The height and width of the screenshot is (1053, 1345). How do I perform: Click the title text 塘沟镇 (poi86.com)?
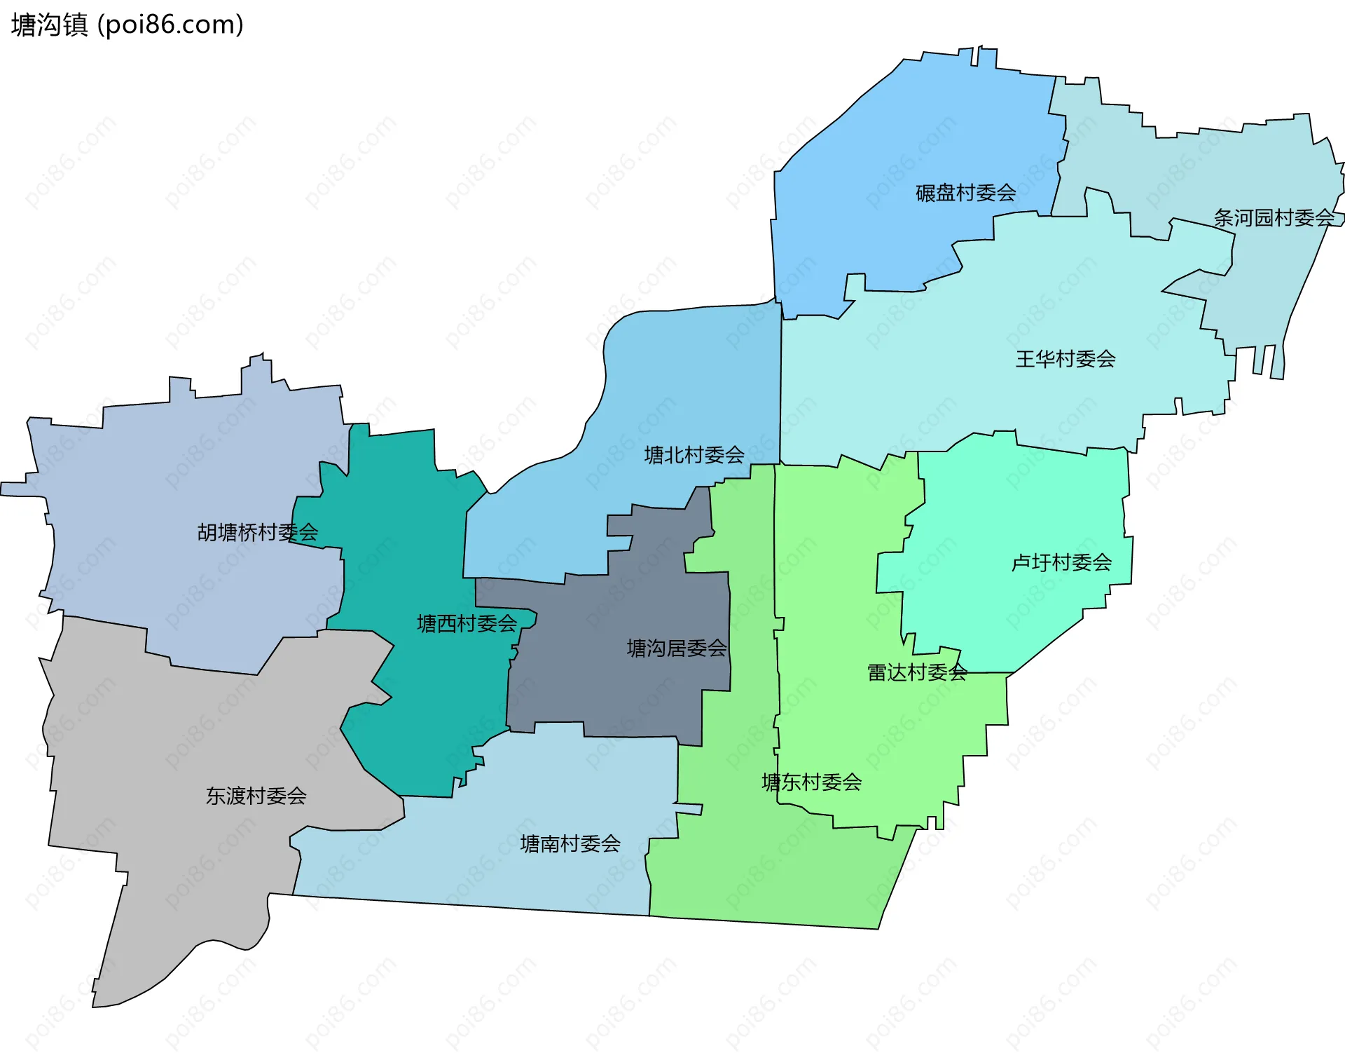click(x=127, y=25)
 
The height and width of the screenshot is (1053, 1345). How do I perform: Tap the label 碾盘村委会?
click(x=965, y=193)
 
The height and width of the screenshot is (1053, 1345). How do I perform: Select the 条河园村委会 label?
click(x=1274, y=218)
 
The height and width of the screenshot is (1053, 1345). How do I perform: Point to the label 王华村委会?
click(x=1065, y=359)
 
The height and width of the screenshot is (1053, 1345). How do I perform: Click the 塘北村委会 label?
click(x=694, y=455)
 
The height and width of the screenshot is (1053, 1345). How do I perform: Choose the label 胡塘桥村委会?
click(x=257, y=533)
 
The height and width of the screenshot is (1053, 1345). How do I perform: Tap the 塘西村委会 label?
click(x=467, y=623)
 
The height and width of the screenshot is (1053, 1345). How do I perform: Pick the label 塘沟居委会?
click(x=676, y=648)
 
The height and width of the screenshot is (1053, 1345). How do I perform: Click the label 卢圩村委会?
click(x=1061, y=562)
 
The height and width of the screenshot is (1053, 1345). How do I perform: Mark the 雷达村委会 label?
click(x=917, y=672)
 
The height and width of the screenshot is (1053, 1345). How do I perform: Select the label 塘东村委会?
click(x=811, y=782)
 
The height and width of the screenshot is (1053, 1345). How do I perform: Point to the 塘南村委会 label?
click(x=570, y=843)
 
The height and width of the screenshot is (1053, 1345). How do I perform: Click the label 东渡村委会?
click(x=256, y=796)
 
